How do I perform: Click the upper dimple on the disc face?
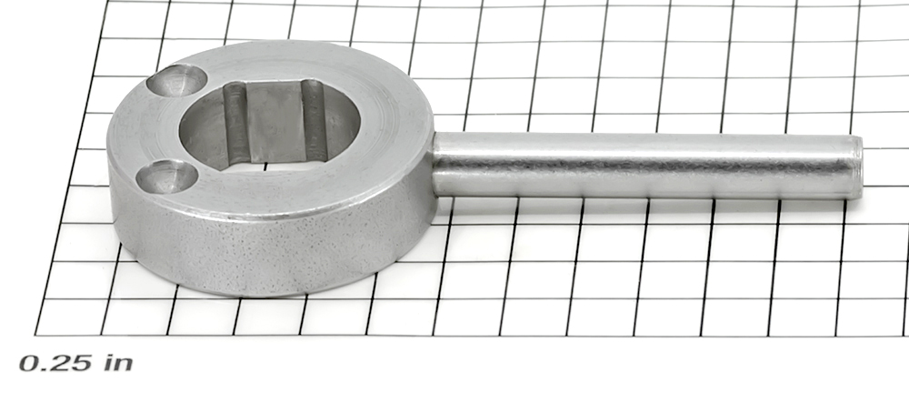point(176,81)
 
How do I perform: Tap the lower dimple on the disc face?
point(167,176)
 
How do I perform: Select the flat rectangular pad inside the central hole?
point(276,122)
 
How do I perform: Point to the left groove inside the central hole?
point(235,122)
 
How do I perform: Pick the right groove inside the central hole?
point(315,119)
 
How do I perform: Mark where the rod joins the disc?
point(434,165)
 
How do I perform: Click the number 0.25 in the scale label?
point(55,363)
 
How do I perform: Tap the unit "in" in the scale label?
point(118,363)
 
